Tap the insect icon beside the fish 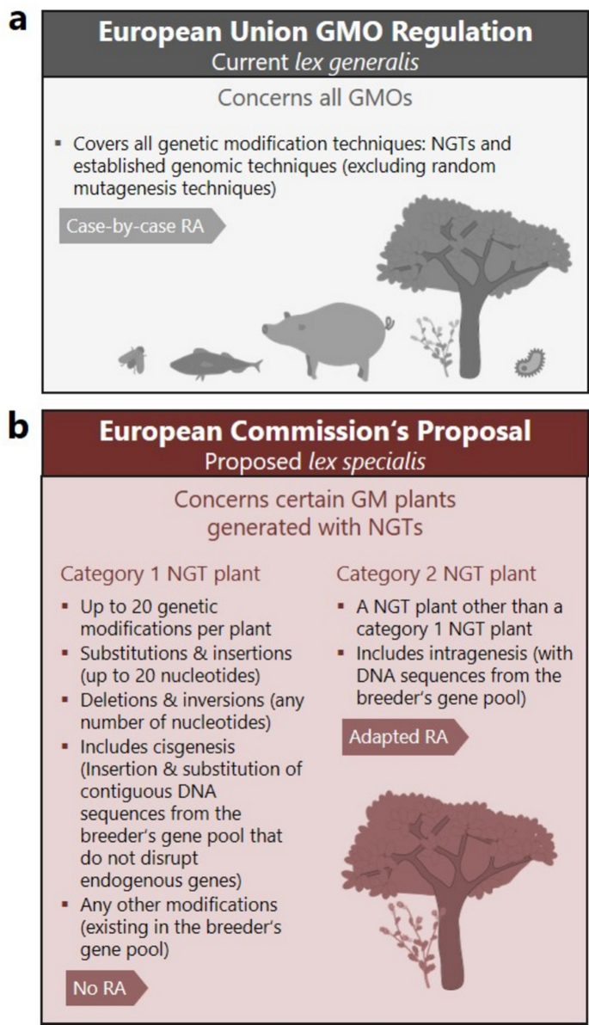point(133,359)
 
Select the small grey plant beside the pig point(430,344)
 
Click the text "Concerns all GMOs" point(314,98)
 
